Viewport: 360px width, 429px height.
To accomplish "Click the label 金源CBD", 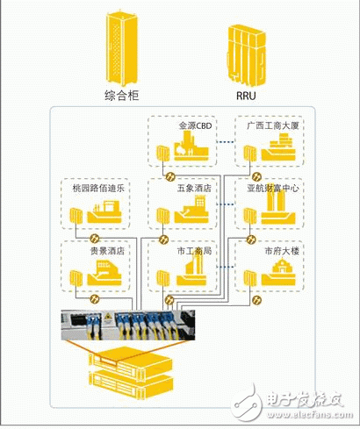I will (x=196, y=126).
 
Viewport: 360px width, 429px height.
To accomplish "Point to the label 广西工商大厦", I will (x=272, y=126).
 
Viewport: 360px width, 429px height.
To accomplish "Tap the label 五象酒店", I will (x=195, y=188).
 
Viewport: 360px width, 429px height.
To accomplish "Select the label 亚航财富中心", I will (x=272, y=188).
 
